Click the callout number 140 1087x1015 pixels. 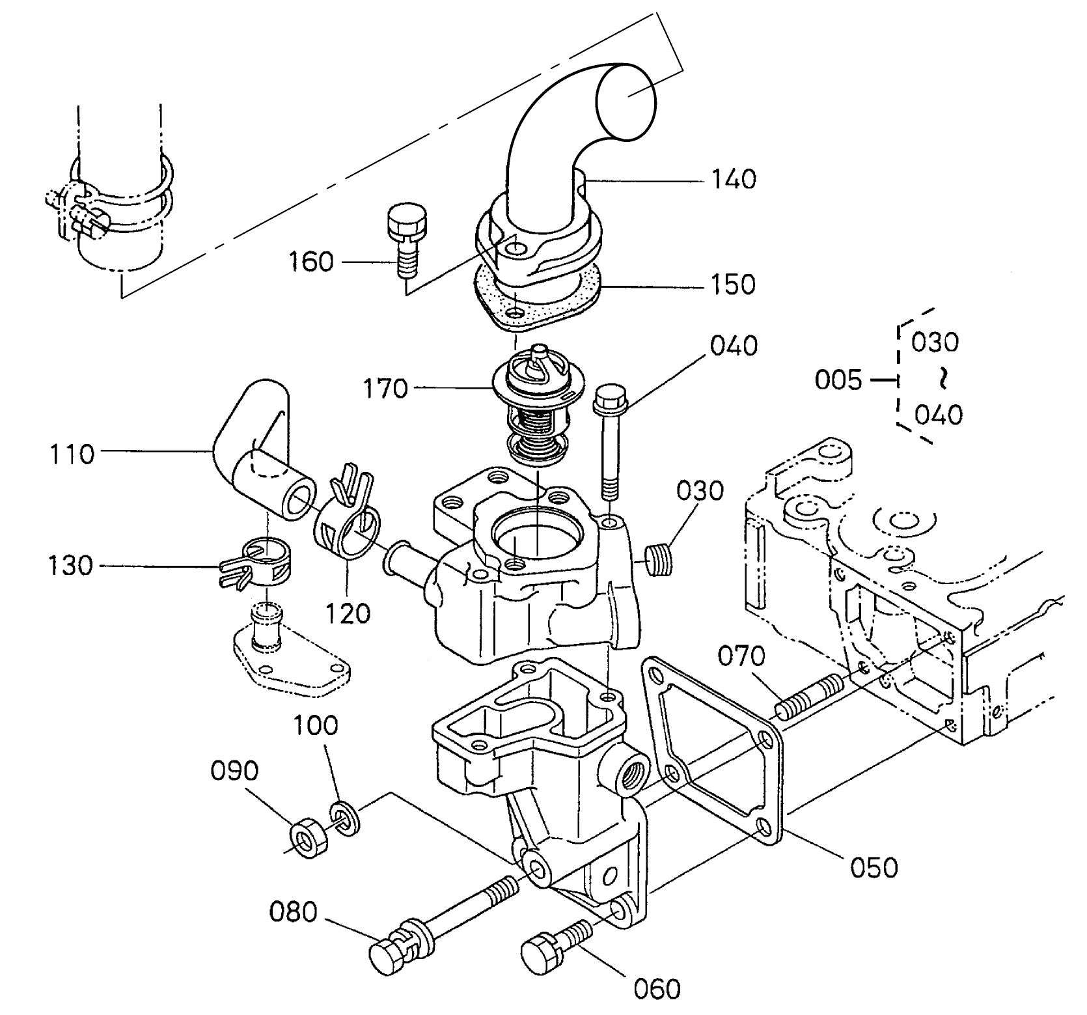tap(733, 178)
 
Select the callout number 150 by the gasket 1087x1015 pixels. tap(733, 285)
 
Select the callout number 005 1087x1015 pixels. tap(838, 380)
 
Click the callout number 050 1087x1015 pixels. tap(874, 867)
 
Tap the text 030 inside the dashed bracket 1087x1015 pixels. tap(935, 342)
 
